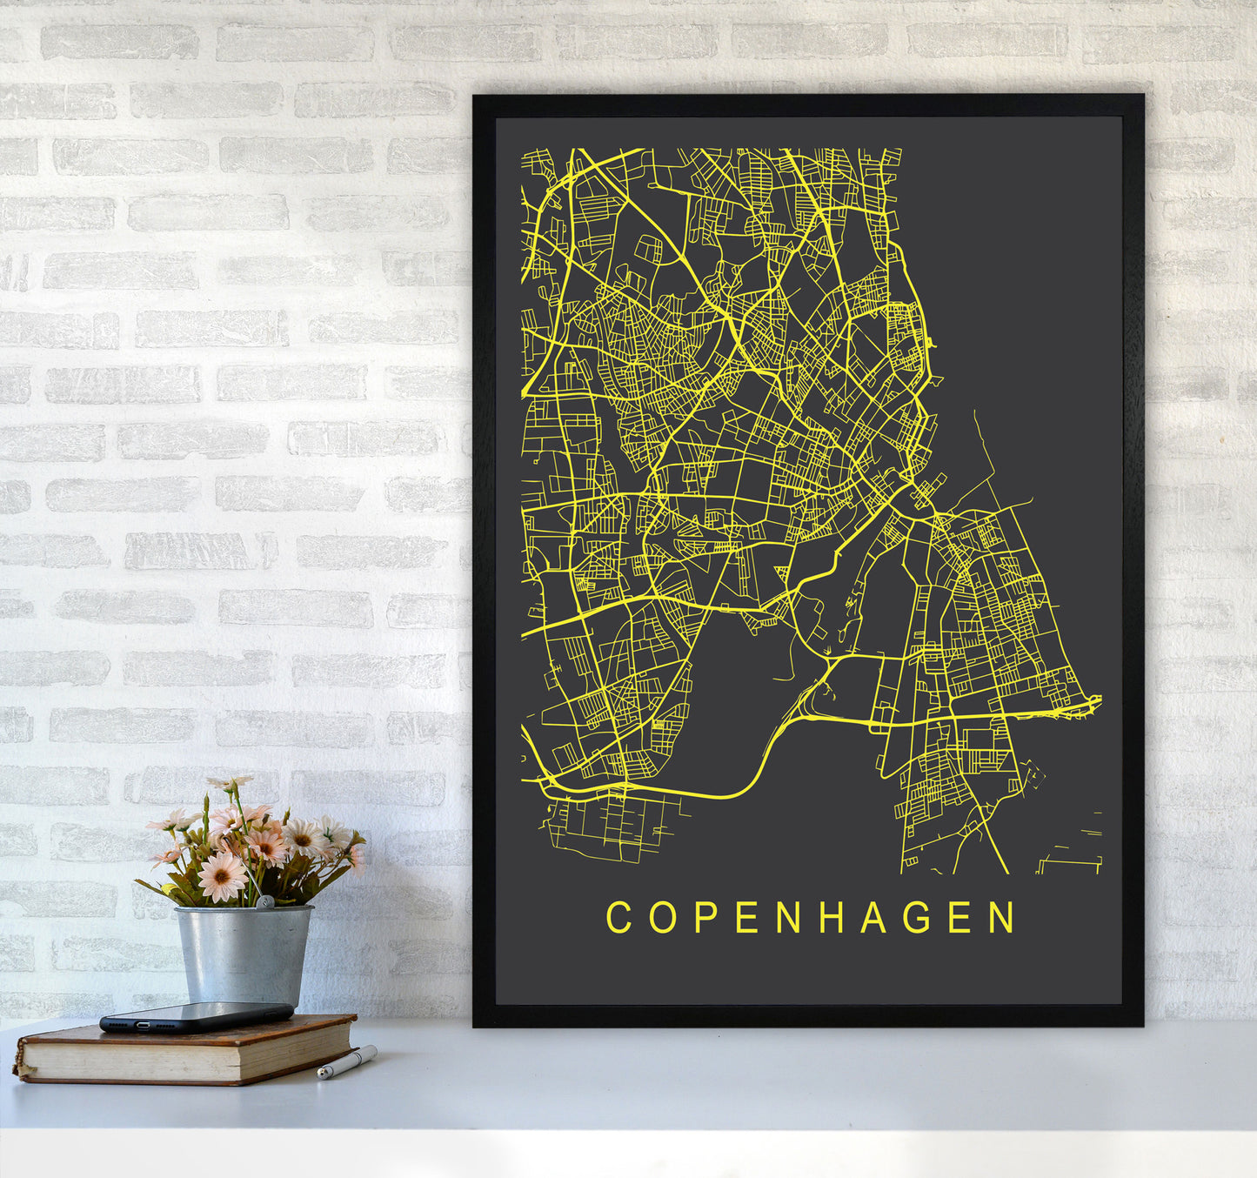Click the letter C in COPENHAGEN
point(618,917)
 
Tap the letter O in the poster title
point(663,917)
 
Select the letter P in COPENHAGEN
point(705,917)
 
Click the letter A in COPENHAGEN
point(873,917)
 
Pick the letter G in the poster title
point(917,917)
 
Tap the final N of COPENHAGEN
point(1004,917)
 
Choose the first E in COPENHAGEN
point(746,917)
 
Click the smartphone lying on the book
point(196,1016)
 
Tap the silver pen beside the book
point(347,1063)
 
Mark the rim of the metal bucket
point(243,910)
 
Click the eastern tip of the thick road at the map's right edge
point(1099,699)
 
